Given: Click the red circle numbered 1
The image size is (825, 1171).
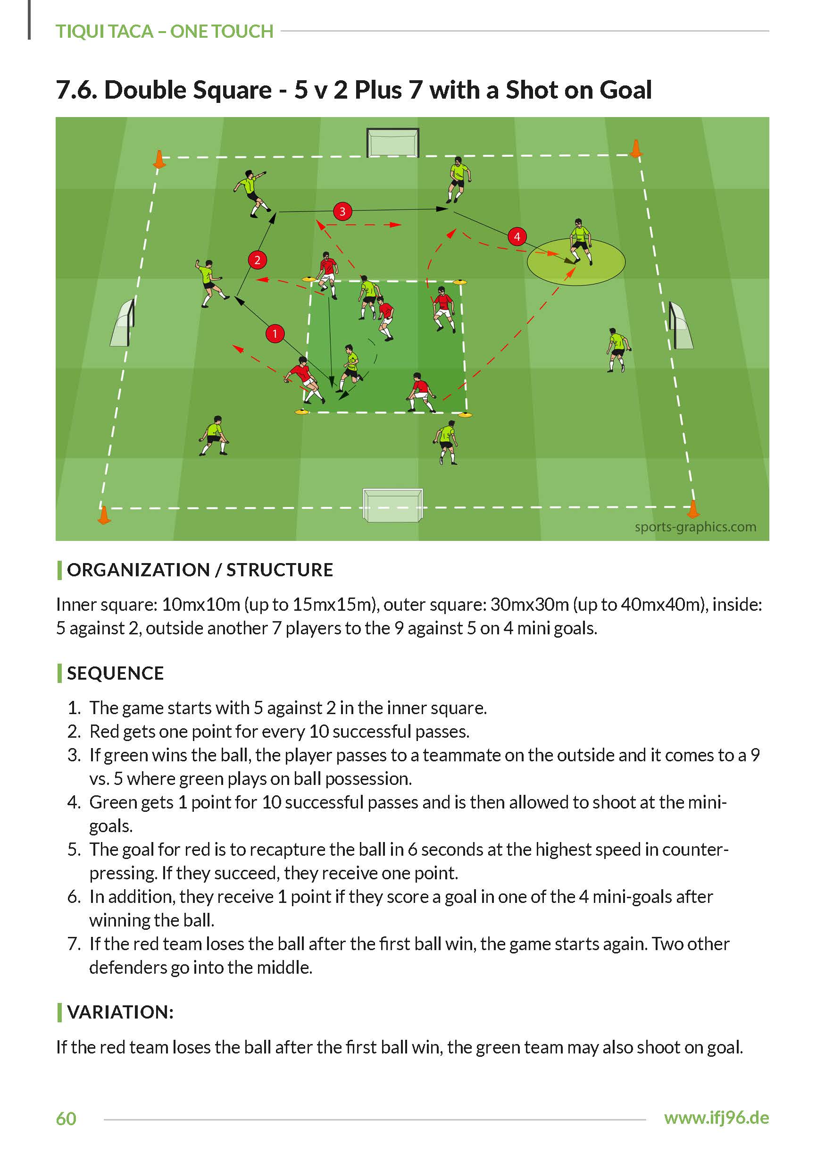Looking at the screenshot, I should pyautogui.click(x=275, y=334).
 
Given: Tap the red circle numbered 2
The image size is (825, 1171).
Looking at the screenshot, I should pyautogui.click(x=258, y=260).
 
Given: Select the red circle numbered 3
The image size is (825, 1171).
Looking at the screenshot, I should pyautogui.click(x=342, y=211).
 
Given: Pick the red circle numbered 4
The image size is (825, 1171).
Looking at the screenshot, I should pyautogui.click(x=517, y=236).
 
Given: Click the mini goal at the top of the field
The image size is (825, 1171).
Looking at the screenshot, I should pyautogui.click(x=393, y=143).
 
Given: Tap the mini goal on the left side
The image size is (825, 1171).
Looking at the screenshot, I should pyautogui.click(x=123, y=323).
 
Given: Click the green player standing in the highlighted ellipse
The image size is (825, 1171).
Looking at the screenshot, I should pyautogui.click(x=580, y=242).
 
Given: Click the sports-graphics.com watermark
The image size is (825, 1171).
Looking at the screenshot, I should pyautogui.click(x=695, y=527).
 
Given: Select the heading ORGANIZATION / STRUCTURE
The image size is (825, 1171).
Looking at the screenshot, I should pyautogui.click(x=200, y=570).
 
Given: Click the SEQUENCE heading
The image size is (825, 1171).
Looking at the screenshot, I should pyautogui.click(x=115, y=673).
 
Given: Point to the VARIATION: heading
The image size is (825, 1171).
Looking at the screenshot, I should pyautogui.click(x=120, y=1012).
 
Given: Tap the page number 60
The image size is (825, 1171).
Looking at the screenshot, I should pyautogui.click(x=66, y=1119).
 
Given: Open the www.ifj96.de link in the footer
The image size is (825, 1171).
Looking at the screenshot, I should pyautogui.click(x=716, y=1118).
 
